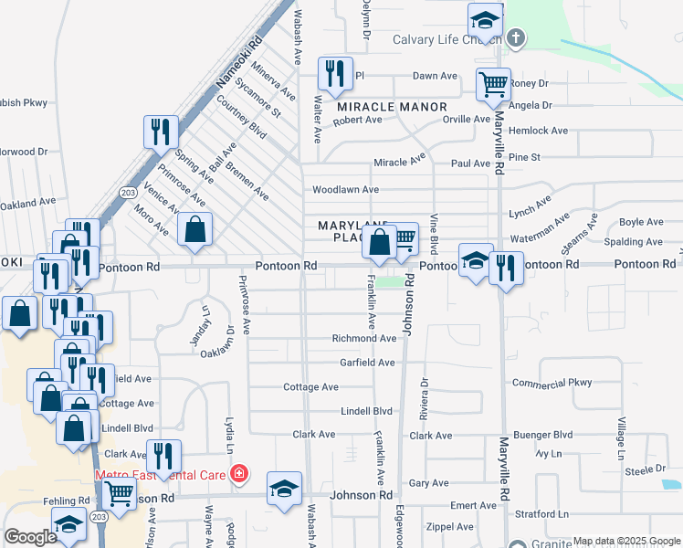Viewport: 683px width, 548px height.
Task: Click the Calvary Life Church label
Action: point(447,40)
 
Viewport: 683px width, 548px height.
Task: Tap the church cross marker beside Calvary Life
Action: point(516,38)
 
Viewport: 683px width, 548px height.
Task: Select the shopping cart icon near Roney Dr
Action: point(493,85)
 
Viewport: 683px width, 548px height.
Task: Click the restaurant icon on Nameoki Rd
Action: point(161,132)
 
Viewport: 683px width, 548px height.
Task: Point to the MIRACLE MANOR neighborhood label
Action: point(392,107)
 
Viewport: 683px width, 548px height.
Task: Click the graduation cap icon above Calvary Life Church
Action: point(485,20)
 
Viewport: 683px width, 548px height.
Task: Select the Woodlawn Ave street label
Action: point(345,190)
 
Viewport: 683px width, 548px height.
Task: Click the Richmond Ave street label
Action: point(363,338)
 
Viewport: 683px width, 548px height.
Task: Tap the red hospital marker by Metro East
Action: point(238,473)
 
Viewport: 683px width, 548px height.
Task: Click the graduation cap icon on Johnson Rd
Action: point(284,488)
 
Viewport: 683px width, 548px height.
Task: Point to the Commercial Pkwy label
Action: point(552,383)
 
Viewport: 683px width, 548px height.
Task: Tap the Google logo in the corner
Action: point(29,537)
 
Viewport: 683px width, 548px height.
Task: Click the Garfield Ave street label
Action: point(367,363)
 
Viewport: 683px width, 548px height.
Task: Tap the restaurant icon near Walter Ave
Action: point(335,75)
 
